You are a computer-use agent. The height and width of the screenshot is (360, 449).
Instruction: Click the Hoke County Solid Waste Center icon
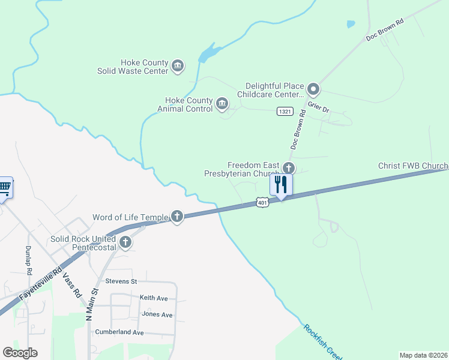(x=177, y=65)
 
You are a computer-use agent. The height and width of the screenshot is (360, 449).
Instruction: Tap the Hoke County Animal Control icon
(x=222, y=104)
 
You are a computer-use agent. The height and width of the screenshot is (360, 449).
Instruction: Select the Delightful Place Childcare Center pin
(x=313, y=90)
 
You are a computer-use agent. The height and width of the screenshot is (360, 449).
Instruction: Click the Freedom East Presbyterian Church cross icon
(x=289, y=169)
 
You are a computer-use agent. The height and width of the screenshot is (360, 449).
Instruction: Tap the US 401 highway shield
(x=261, y=203)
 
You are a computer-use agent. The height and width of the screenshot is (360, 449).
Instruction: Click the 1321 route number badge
(x=285, y=112)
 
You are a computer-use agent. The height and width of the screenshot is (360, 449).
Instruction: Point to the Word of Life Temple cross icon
(x=176, y=217)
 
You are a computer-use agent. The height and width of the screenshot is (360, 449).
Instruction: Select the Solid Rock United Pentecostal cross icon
(x=125, y=242)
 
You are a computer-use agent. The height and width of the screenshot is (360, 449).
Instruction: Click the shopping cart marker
(x=4, y=188)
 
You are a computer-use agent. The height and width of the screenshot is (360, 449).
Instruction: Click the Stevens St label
(x=121, y=281)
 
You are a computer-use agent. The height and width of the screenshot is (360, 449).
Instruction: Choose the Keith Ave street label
(x=154, y=298)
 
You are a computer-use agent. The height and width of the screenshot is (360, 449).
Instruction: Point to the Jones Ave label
(x=157, y=314)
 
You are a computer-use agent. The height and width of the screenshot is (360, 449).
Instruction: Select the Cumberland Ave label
(x=122, y=332)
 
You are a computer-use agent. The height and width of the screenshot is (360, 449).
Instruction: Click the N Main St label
(x=92, y=304)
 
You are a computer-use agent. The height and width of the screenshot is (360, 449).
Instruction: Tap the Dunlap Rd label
(x=28, y=260)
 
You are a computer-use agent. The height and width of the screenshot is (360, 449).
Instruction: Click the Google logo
(x=20, y=353)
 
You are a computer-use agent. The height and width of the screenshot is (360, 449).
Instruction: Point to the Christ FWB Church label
(x=413, y=166)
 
